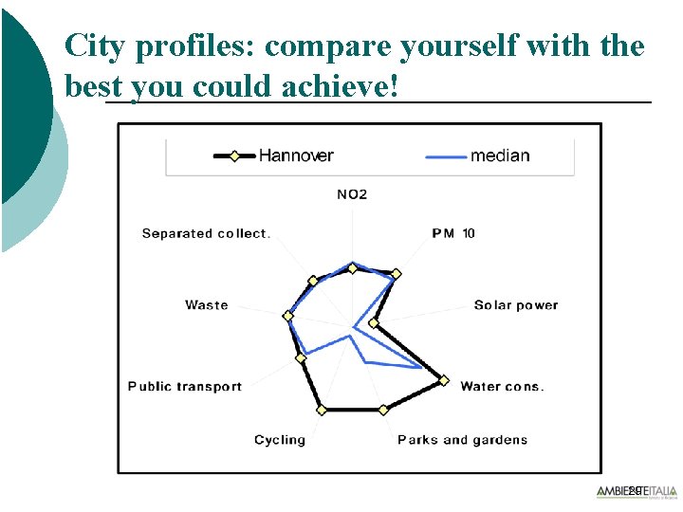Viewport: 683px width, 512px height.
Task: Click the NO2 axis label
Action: point(352,194)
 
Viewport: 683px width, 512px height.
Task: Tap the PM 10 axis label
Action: point(453,233)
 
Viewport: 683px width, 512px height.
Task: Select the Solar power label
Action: point(516,305)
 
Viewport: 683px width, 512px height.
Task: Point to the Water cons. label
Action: point(502,386)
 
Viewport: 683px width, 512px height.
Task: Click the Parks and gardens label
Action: point(462,440)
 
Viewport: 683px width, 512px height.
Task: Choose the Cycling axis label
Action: point(280,440)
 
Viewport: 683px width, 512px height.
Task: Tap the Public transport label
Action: point(185,386)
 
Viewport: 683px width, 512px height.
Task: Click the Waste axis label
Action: point(207,305)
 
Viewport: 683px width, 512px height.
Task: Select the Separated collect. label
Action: point(206,233)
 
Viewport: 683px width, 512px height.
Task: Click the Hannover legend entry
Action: point(275,155)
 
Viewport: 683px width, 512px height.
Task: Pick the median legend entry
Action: point(481,155)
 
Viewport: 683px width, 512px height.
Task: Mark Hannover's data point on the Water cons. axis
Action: point(444,380)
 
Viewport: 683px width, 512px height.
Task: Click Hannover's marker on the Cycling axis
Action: point(322,410)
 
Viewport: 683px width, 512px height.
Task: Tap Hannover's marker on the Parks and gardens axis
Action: point(383,410)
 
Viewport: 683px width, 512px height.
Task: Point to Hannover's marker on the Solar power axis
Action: point(374,323)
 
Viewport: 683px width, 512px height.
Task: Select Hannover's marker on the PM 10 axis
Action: point(397,274)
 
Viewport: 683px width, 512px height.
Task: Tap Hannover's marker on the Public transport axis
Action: point(302,357)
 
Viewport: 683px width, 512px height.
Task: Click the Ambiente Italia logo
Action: point(637,491)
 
